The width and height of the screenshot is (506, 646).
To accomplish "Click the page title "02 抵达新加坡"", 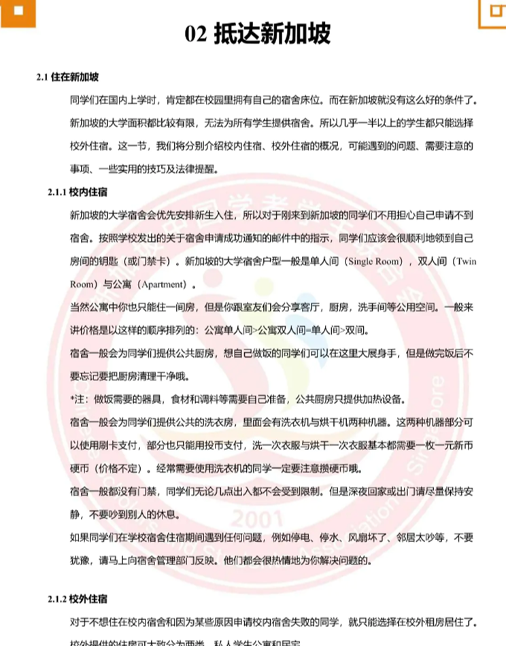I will tap(258, 34).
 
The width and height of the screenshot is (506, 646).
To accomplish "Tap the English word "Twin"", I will tap(466, 261).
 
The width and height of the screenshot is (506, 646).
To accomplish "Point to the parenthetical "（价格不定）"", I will tap(122, 468).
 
